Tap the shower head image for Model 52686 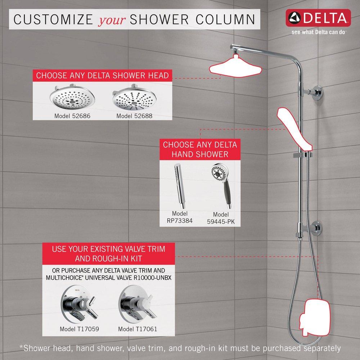68,99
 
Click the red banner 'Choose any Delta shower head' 102,76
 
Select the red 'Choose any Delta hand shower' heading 200,149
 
